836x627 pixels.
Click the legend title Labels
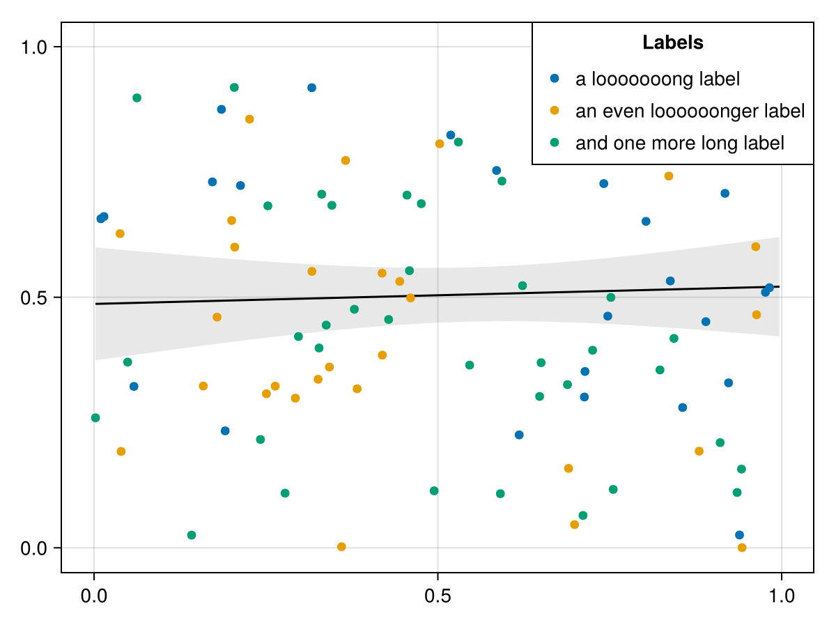click(672, 43)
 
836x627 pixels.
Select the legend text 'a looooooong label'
click(657, 79)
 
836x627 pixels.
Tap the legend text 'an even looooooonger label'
click(690, 111)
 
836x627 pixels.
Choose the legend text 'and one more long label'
click(679, 143)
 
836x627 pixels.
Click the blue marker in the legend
click(555, 79)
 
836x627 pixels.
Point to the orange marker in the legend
click(555, 111)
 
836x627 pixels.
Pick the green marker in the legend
click(555, 143)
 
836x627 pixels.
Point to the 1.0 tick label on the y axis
click(33, 47)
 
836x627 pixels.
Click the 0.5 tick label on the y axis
click(33, 297)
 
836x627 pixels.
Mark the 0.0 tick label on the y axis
click(33, 548)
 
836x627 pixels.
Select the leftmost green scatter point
click(95, 418)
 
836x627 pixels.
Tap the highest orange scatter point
click(249, 119)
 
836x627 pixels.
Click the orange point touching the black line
click(410, 298)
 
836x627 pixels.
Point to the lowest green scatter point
click(192, 535)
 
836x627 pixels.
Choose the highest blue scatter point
click(311, 88)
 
